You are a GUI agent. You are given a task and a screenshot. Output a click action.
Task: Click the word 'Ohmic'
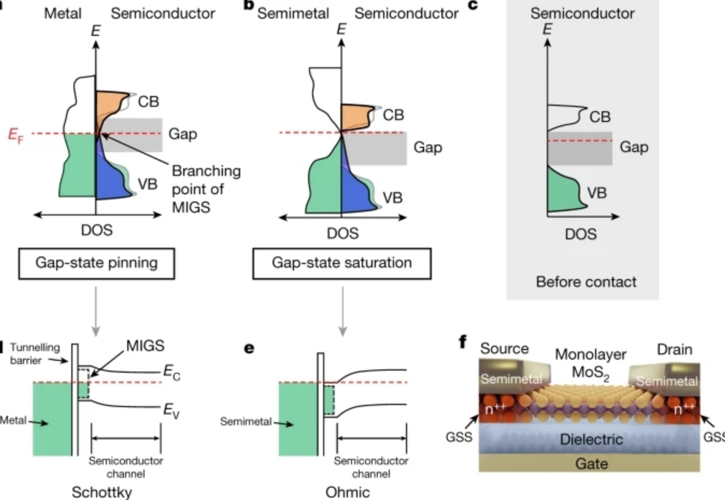[342, 493]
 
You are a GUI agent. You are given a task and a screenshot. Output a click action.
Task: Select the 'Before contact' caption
[586, 282]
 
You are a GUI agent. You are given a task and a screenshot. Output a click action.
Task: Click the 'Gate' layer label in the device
[591, 464]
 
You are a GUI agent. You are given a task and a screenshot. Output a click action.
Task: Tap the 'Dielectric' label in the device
[591, 439]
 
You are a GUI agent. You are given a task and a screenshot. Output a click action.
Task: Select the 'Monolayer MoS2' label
[589, 364]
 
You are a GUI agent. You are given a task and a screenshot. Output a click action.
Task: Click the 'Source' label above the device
[504, 349]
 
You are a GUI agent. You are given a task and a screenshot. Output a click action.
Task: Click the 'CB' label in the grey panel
[599, 115]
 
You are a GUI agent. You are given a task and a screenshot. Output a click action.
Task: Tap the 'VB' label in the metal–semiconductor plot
[148, 184]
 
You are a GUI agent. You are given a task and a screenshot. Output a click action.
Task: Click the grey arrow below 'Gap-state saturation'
[342, 308]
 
